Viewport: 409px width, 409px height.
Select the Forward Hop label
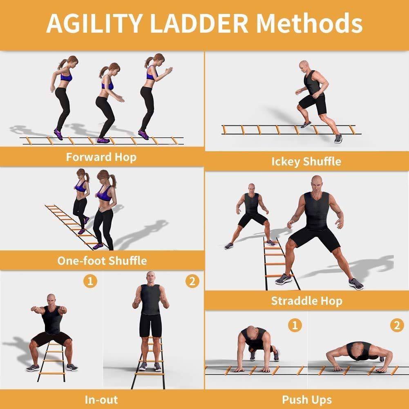(101, 157)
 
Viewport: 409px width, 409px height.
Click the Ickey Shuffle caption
(306, 161)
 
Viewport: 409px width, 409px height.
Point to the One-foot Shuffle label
(102, 260)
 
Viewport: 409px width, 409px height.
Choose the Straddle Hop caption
(306, 301)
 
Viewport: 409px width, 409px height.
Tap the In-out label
(101, 399)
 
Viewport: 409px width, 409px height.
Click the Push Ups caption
(306, 399)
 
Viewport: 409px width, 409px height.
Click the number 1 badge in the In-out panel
(90, 281)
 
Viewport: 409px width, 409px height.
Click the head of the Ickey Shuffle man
(304, 66)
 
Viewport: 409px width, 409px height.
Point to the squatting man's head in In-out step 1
(51, 299)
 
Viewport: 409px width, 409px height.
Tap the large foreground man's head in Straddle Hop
(317, 183)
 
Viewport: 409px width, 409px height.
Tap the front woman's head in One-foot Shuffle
(103, 177)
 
